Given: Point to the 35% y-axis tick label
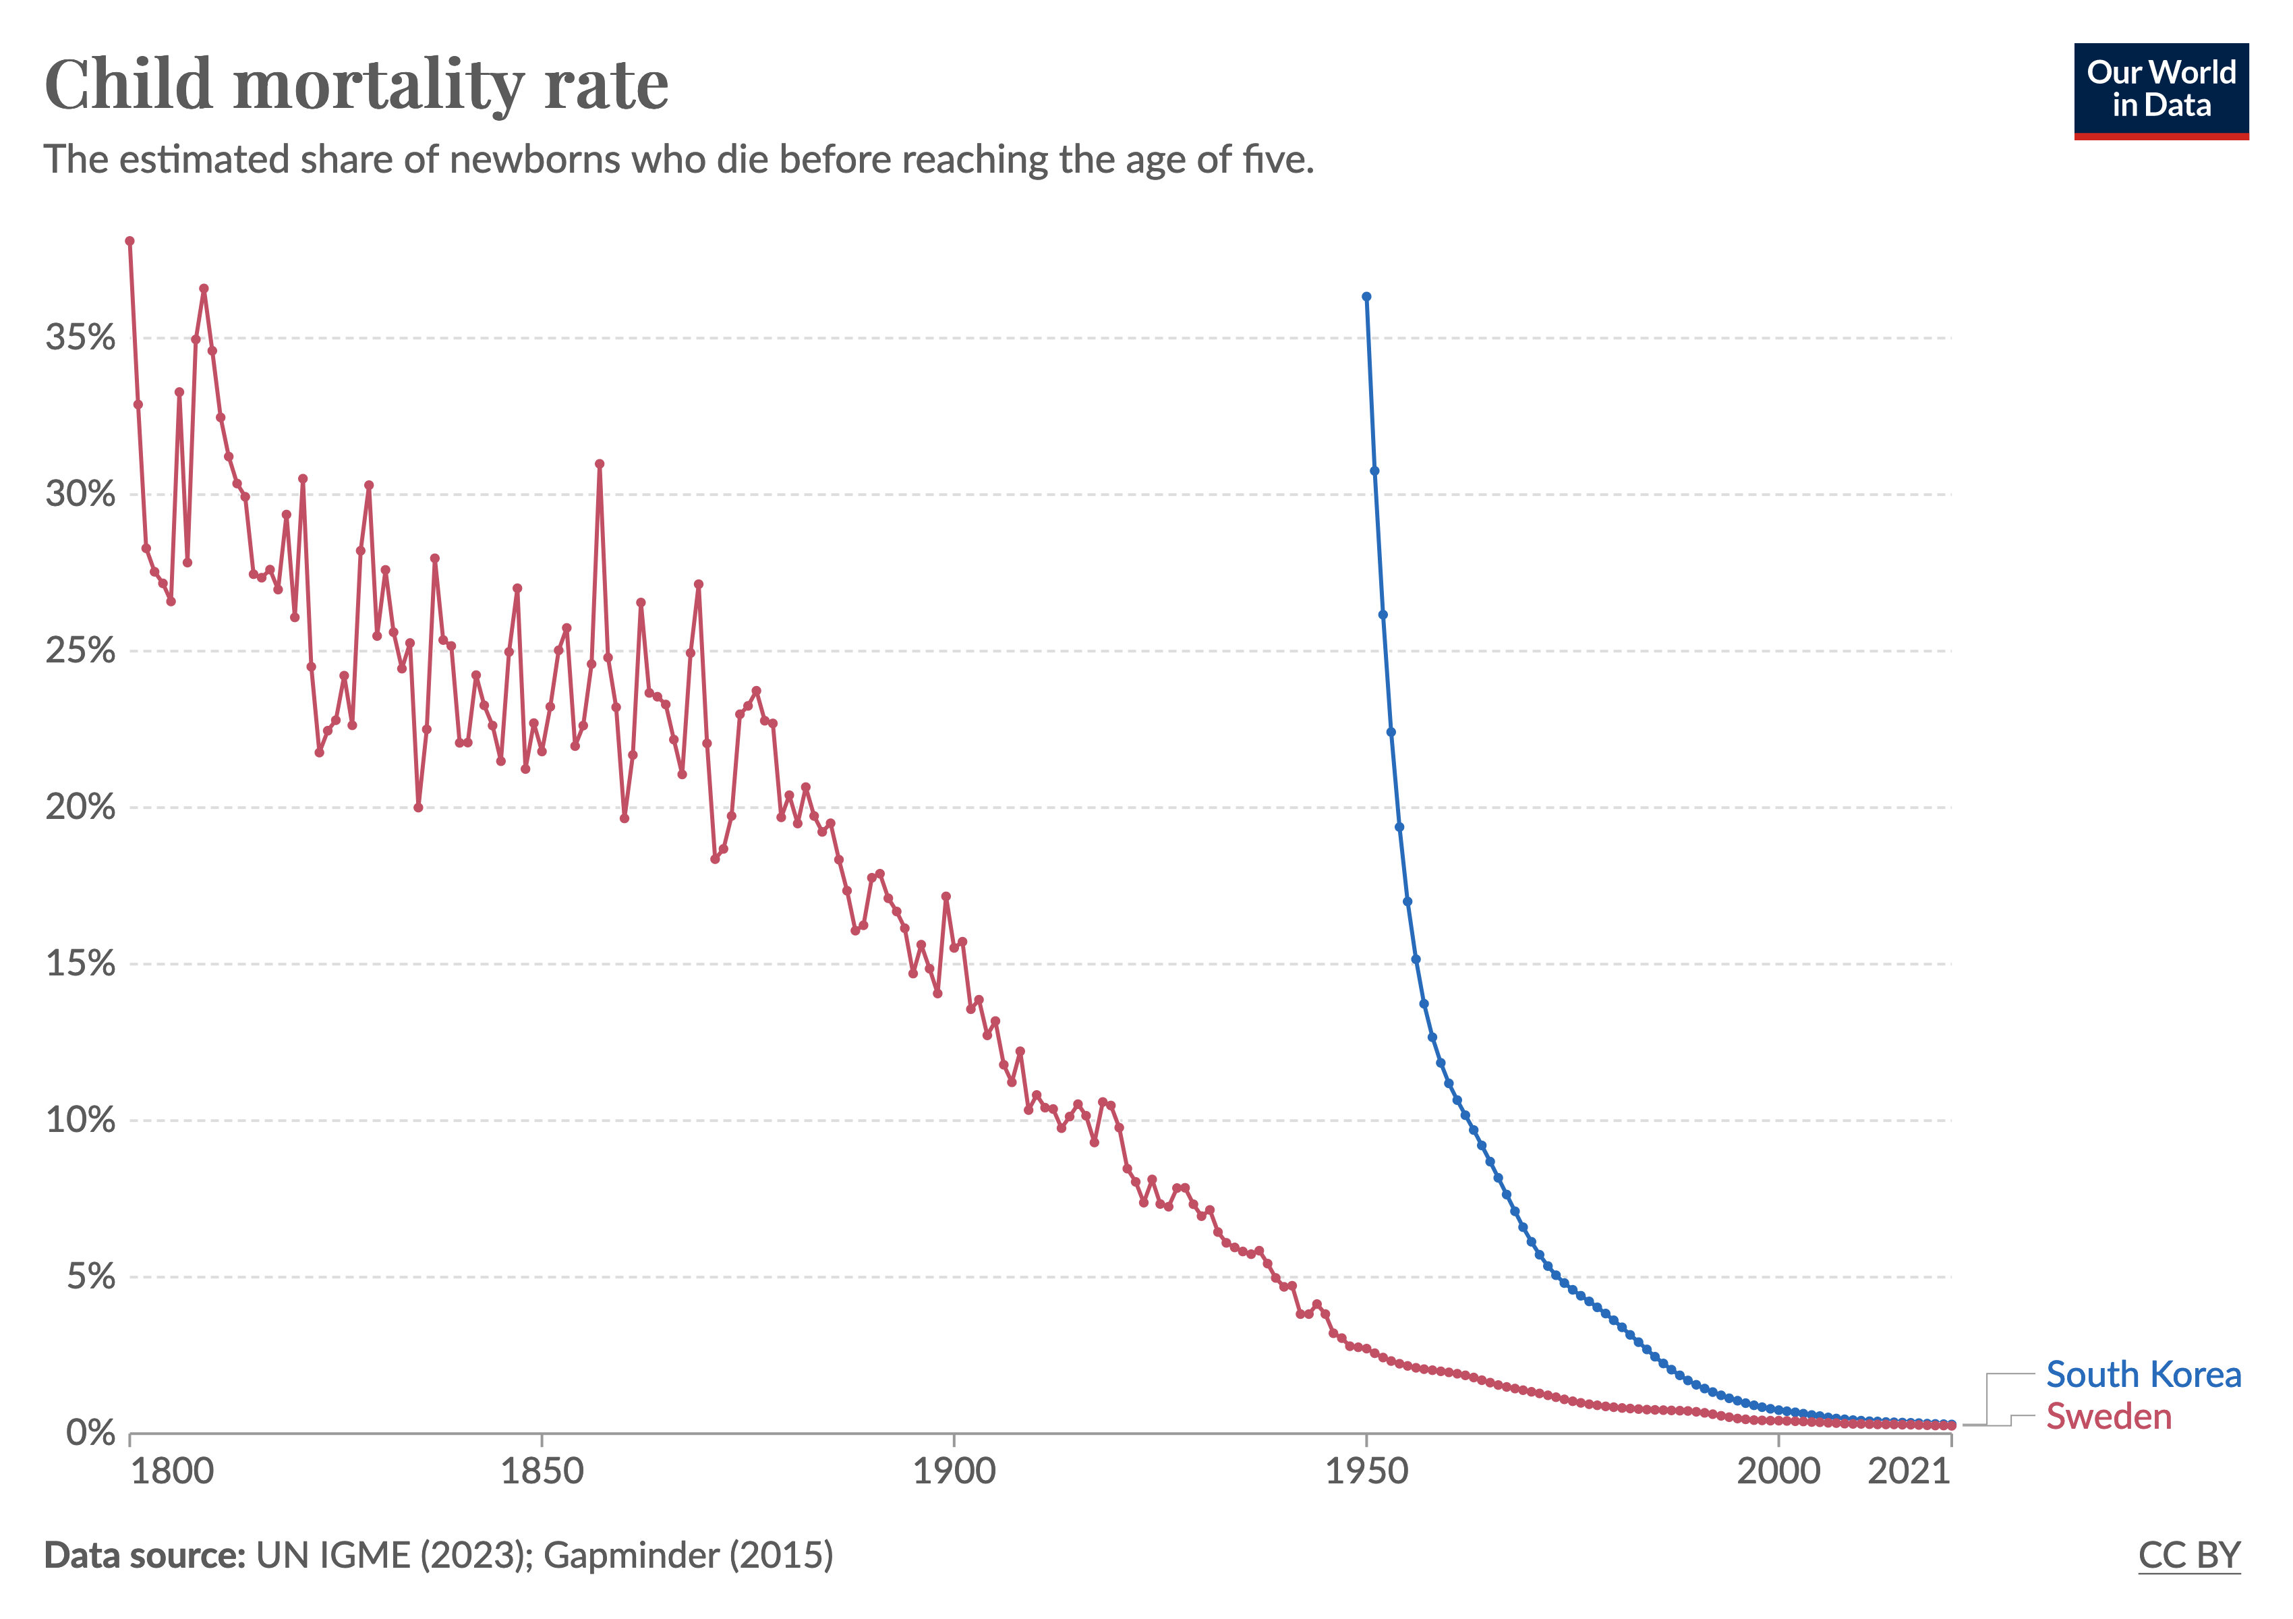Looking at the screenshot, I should (80, 337).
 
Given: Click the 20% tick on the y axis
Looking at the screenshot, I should (80, 807).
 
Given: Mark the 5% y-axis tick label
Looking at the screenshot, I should (90, 1276).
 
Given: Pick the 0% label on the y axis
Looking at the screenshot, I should (90, 1433).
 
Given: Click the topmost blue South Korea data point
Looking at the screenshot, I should (1366, 297).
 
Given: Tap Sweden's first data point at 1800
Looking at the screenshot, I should (130, 241).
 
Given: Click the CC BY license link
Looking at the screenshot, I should (2189, 1555).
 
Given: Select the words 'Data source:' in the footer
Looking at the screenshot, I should (145, 1555).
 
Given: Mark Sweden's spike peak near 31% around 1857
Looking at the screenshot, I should (600, 463).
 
